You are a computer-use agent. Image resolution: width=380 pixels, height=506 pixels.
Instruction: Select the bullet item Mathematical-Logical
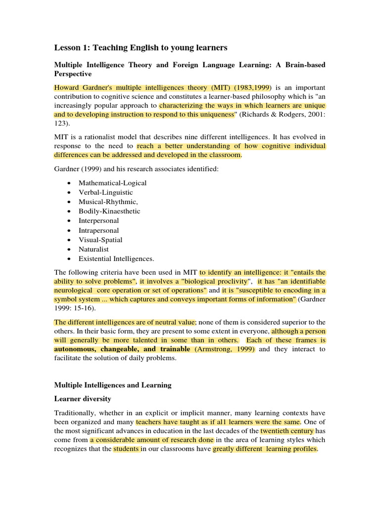tap(112, 183)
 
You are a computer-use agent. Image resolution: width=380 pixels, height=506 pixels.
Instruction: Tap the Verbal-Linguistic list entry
tap(105, 192)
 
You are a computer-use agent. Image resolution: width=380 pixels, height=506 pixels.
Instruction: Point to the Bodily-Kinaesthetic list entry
tap(109, 211)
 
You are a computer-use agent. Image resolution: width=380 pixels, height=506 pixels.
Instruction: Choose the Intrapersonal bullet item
tap(98, 230)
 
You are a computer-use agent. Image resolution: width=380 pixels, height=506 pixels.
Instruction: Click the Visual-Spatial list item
tap(100, 240)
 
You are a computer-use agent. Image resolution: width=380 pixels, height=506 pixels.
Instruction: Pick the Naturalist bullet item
tap(94, 249)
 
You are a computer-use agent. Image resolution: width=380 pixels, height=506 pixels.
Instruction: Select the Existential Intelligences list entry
tap(116, 258)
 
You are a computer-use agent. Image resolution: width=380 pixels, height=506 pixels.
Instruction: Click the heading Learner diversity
tap(83, 399)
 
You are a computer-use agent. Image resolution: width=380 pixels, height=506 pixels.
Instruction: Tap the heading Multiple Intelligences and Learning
tap(112, 385)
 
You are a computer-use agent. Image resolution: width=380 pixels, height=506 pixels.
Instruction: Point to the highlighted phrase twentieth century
tap(287, 431)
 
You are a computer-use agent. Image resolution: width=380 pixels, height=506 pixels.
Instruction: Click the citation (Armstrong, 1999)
tap(225, 349)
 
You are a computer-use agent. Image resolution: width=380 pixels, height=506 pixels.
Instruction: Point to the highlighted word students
tap(126, 449)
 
